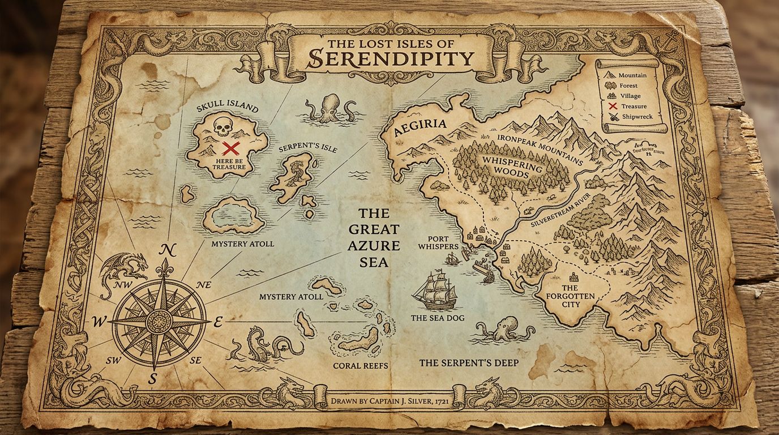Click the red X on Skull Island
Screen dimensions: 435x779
pos(230,149)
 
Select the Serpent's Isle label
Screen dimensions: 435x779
pos(308,148)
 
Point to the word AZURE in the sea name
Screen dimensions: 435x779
pos(374,246)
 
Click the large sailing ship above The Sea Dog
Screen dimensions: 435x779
pos(434,290)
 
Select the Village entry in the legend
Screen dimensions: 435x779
pos(630,96)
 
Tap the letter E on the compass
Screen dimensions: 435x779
pos(219,322)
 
